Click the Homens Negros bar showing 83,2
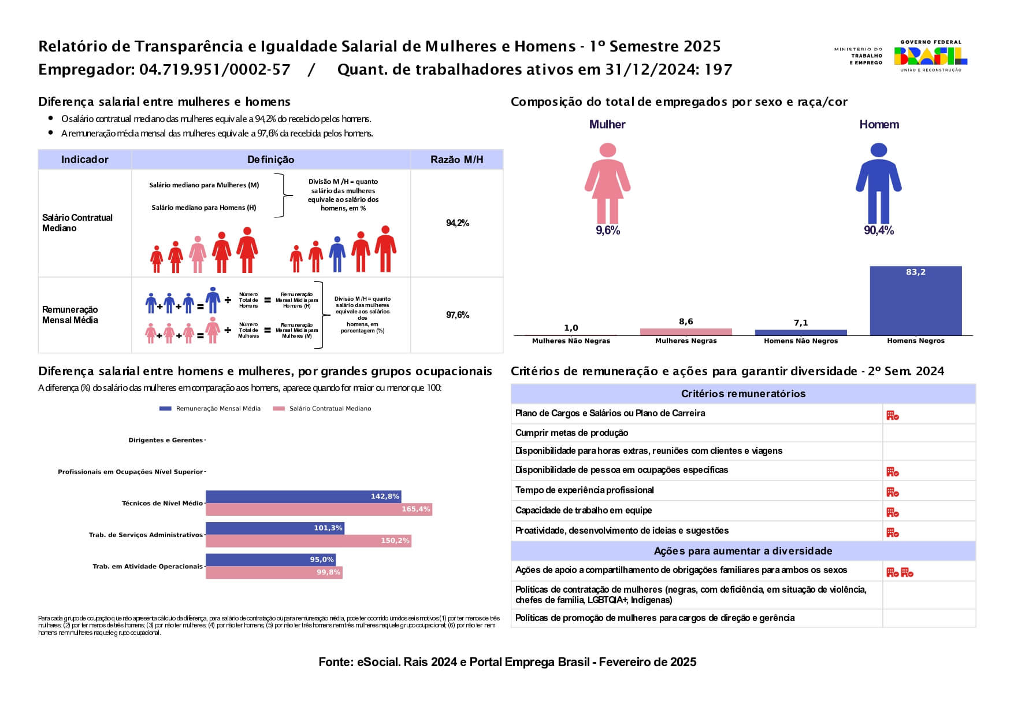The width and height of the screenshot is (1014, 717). [915, 301]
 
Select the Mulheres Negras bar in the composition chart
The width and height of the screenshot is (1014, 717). [686, 332]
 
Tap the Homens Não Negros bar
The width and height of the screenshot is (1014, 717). [801, 332]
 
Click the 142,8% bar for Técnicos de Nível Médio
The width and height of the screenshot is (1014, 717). [303, 497]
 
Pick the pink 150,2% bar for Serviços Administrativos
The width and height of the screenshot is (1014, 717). [308, 541]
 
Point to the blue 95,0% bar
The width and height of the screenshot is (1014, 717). [270, 560]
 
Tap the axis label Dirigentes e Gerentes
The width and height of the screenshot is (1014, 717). [165, 441]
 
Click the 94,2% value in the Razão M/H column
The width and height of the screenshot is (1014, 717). [457, 223]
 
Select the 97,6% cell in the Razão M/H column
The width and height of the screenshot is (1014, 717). [457, 315]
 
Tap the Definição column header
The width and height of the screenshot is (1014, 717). [270, 160]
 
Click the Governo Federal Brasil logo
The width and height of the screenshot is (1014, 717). [930, 56]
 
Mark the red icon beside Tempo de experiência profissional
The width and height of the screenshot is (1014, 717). [892, 492]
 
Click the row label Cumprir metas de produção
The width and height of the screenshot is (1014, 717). [571, 433]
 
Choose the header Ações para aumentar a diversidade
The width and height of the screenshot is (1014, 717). [743, 551]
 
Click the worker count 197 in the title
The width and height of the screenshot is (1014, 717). [719, 70]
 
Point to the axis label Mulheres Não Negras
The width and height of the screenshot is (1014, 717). [571, 341]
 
